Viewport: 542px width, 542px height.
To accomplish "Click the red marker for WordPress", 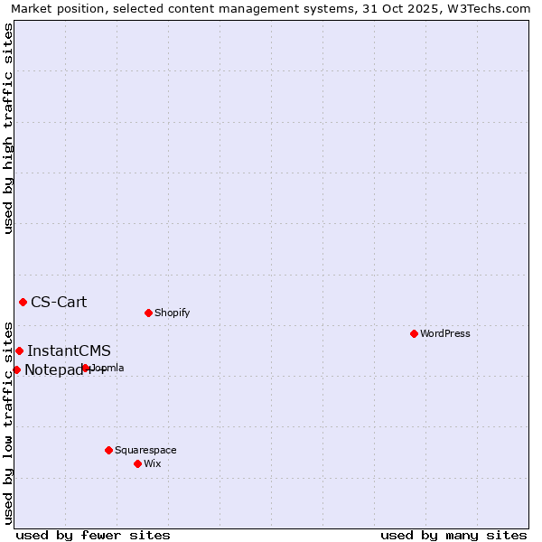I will coord(414,333).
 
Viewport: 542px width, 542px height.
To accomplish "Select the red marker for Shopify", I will coord(148,313).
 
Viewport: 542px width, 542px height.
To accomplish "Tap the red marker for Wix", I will coord(137,463).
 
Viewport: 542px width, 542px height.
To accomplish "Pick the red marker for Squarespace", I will coord(108,450).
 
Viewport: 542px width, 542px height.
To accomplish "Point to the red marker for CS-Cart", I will coord(23,302).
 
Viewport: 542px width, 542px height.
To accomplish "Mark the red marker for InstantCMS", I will coord(19,350).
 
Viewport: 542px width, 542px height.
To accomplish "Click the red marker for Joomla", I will coord(86,368).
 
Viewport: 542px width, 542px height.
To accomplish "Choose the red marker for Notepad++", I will coord(16,369).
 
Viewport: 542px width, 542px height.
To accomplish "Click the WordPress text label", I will coord(445,333).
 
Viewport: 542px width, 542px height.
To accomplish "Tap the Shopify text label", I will coord(173,313).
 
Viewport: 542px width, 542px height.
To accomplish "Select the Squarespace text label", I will coord(145,450).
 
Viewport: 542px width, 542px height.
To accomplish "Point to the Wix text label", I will coord(153,463).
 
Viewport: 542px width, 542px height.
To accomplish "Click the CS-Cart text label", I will coord(59,302).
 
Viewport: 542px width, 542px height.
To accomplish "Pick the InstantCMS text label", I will coord(69,350).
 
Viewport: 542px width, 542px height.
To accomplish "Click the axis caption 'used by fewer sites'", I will coord(93,535).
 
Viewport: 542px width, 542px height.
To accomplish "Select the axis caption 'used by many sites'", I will coord(453,535).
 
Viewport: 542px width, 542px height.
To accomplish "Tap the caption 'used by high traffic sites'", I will coord(9,128).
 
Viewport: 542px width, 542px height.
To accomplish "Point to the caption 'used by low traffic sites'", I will coord(9,423).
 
